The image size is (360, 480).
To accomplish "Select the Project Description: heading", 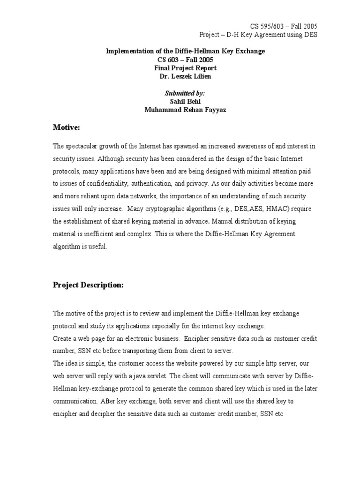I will click(88, 285).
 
